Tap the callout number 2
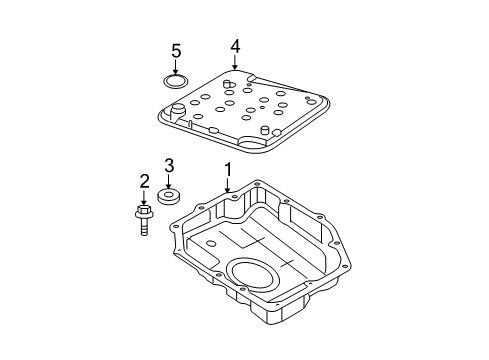coord(144,181)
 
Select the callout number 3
coord(170,165)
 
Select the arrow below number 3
coord(170,181)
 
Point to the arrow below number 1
coord(228,187)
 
